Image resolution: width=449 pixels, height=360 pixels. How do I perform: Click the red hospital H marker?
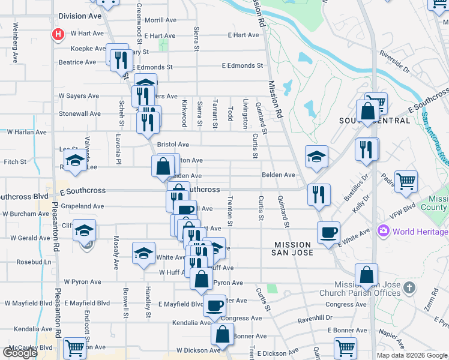coord(58,34)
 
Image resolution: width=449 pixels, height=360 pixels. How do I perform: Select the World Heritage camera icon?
coord(383,231)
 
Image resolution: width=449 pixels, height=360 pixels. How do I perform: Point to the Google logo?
coord(19,353)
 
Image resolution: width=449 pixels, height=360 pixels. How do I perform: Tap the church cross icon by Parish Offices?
coord(409,287)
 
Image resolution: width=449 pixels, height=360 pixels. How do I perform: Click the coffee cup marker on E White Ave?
coord(328,232)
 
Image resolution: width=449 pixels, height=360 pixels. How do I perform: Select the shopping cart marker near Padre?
coord(406,181)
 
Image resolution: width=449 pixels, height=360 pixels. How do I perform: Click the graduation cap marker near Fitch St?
coord(75,161)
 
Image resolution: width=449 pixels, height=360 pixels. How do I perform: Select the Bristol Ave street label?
coord(173,145)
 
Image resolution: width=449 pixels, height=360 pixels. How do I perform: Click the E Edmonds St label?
coord(242,65)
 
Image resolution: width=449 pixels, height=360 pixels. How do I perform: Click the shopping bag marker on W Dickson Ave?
coord(223,334)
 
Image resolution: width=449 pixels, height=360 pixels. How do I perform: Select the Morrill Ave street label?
coord(160,20)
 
